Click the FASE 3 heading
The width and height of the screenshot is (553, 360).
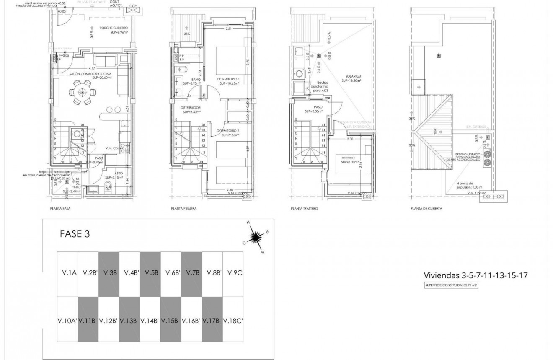point(75,234)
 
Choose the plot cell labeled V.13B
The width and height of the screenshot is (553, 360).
point(129,321)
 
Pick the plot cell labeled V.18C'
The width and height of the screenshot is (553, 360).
point(233,321)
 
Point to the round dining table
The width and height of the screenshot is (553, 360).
point(82,92)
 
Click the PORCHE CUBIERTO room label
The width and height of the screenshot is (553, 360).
point(114,28)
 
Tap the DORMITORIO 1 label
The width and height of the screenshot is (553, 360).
point(228,79)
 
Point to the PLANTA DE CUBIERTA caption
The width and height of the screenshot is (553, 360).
point(426,208)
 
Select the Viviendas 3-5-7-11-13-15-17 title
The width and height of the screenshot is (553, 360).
point(475,275)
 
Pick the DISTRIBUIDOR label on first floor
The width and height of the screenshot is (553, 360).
point(191,107)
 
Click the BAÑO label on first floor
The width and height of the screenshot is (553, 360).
point(195,79)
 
